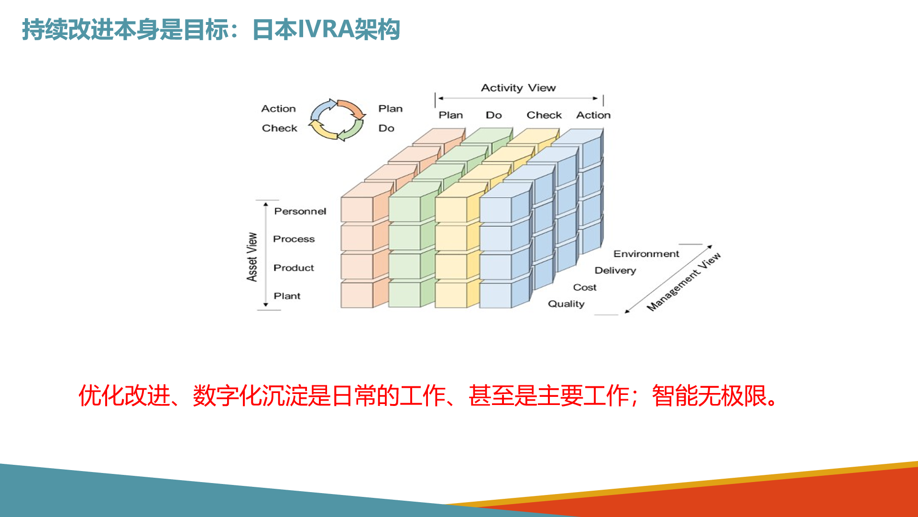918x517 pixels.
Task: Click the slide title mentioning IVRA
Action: (211, 30)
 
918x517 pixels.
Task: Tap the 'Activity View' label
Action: (518, 88)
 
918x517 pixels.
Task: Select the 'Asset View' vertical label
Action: (252, 257)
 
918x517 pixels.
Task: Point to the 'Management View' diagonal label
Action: (684, 282)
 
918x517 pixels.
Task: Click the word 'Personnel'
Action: (300, 211)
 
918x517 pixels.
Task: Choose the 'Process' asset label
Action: (294, 239)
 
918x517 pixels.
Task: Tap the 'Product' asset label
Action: (294, 268)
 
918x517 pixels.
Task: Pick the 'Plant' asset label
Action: (287, 296)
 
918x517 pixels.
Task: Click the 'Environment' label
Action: (646, 254)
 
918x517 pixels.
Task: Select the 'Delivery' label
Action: (615, 270)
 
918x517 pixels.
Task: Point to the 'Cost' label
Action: (585, 287)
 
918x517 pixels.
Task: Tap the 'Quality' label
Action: (566, 304)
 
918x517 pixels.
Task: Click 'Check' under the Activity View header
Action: (544, 115)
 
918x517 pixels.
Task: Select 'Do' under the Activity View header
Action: (494, 115)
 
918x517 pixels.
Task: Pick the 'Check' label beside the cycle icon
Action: (279, 128)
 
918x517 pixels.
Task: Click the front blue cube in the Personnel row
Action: (505, 202)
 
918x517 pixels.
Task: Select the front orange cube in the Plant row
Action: (364, 293)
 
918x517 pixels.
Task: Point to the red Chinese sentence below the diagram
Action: (429, 396)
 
